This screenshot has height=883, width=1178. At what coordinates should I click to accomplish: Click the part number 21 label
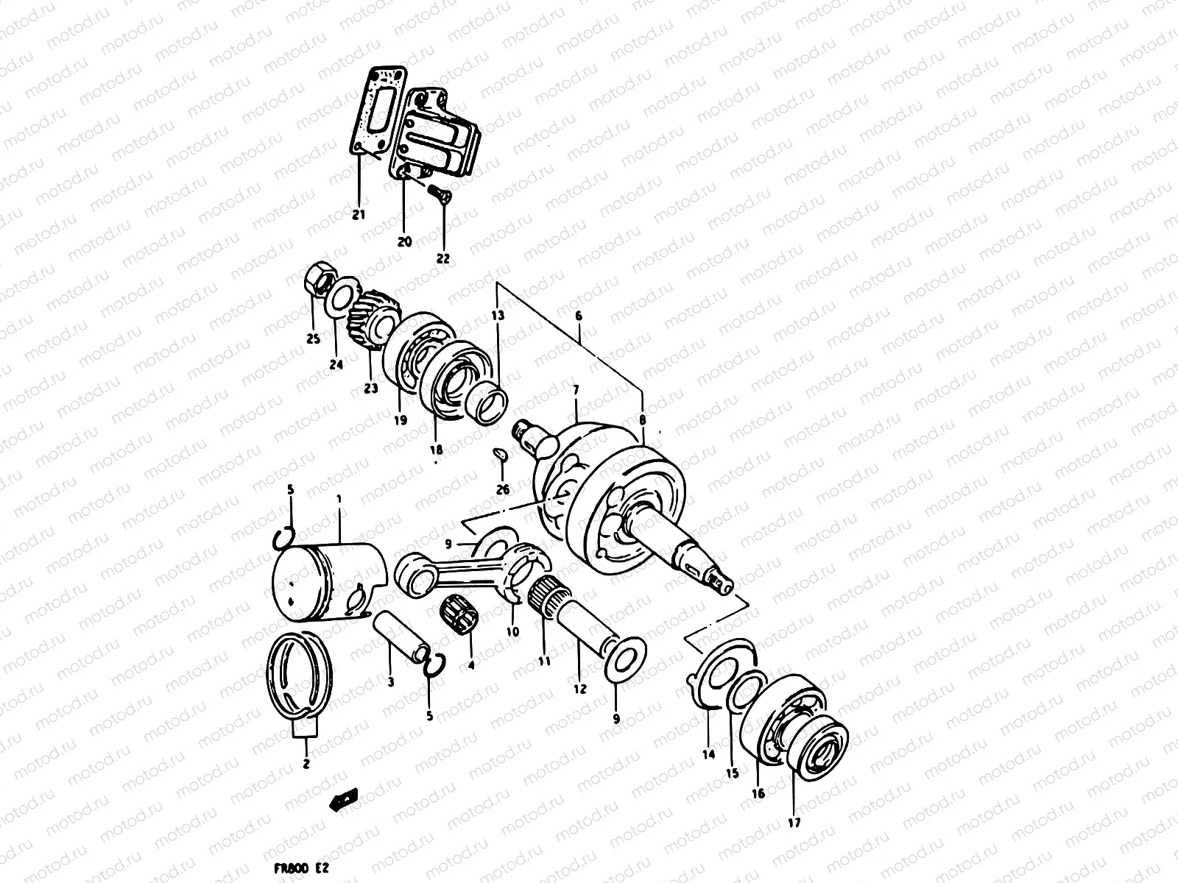click(x=359, y=215)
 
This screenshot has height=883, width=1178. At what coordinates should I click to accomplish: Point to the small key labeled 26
click(x=500, y=456)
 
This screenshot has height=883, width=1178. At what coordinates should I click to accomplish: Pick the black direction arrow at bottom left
click(x=345, y=800)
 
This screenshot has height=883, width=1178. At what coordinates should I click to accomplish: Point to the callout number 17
click(x=794, y=823)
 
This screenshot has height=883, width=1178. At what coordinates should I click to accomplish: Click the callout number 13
click(x=498, y=316)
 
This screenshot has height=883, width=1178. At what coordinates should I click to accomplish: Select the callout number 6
click(x=579, y=316)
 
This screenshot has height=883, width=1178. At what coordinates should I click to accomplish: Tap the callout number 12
click(x=580, y=689)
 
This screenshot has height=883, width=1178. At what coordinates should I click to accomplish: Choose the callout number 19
click(x=400, y=421)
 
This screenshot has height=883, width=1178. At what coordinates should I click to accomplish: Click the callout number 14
click(x=708, y=754)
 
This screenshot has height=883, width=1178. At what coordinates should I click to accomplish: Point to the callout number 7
click(x=576, y=389)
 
